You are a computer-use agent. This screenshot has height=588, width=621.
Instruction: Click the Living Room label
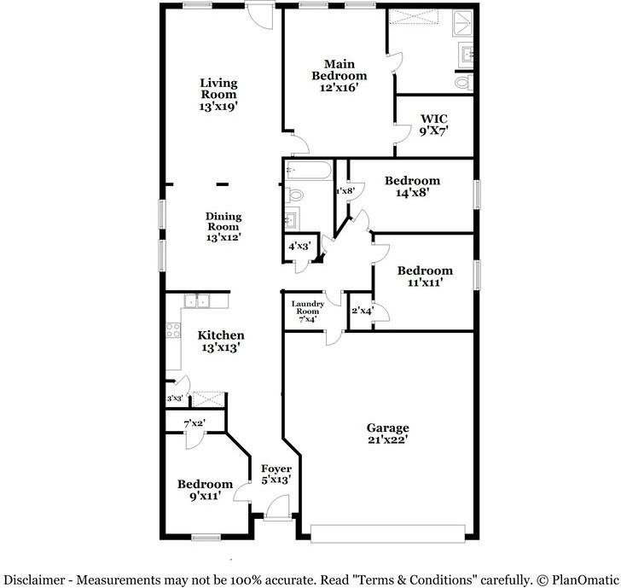pyautogui.click(x=218, y=95)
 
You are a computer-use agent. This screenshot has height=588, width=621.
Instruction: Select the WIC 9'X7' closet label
pyautogui.click(x=433, y=124)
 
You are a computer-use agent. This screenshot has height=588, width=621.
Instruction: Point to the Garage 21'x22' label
pyautogui.click(x=388, y=434)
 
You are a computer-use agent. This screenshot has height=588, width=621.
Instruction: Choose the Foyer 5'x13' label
pyautogui.click(x=276, y=474)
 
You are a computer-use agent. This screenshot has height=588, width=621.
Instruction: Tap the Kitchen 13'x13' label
pyautogui.click(x=221, y=341)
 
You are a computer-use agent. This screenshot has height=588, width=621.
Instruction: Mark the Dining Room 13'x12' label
pyautogui.click(x=223, y=227)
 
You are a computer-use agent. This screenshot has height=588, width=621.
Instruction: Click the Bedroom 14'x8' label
pyautogui.click(x=412, y=186)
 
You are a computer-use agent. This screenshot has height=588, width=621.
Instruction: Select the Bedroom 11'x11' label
pyautogui.click(x=425, y=277)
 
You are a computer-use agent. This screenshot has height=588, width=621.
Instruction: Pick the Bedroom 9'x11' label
pyautogui.click(x=205, y=490)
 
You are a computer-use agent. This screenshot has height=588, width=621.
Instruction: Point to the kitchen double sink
pyautogui.click(x=198, y=300)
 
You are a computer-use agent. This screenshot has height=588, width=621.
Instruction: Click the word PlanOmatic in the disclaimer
pyautogui.click(x=583, y=579)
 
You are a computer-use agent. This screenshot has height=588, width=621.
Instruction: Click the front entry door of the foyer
pyautogui.click(x=277, y=511)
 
